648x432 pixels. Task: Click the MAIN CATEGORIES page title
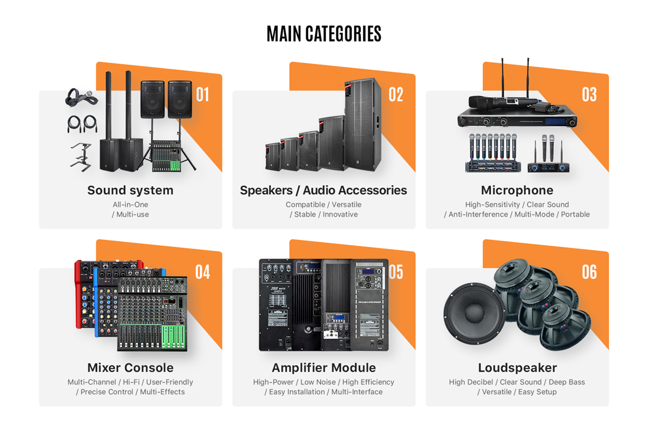click(324, 33)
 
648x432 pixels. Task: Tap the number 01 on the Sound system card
click(202, 94)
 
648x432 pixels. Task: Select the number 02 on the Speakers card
click(396, 94)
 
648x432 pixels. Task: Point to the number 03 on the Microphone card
click(589, 94)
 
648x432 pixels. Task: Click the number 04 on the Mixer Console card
click(202, 272)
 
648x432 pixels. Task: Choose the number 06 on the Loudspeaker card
click(589, 272)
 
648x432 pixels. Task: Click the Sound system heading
click(130, 190)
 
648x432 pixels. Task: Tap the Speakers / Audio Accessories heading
click(323, 190)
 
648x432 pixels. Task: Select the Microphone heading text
click(517, 190)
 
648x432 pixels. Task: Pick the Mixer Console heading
click(130, 368)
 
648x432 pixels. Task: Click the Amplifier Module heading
click(323, 368)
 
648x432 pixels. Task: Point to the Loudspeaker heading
click(517, 368)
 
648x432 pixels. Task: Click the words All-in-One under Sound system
click(130, 205)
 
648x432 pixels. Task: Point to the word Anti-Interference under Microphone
click(478, 214)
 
